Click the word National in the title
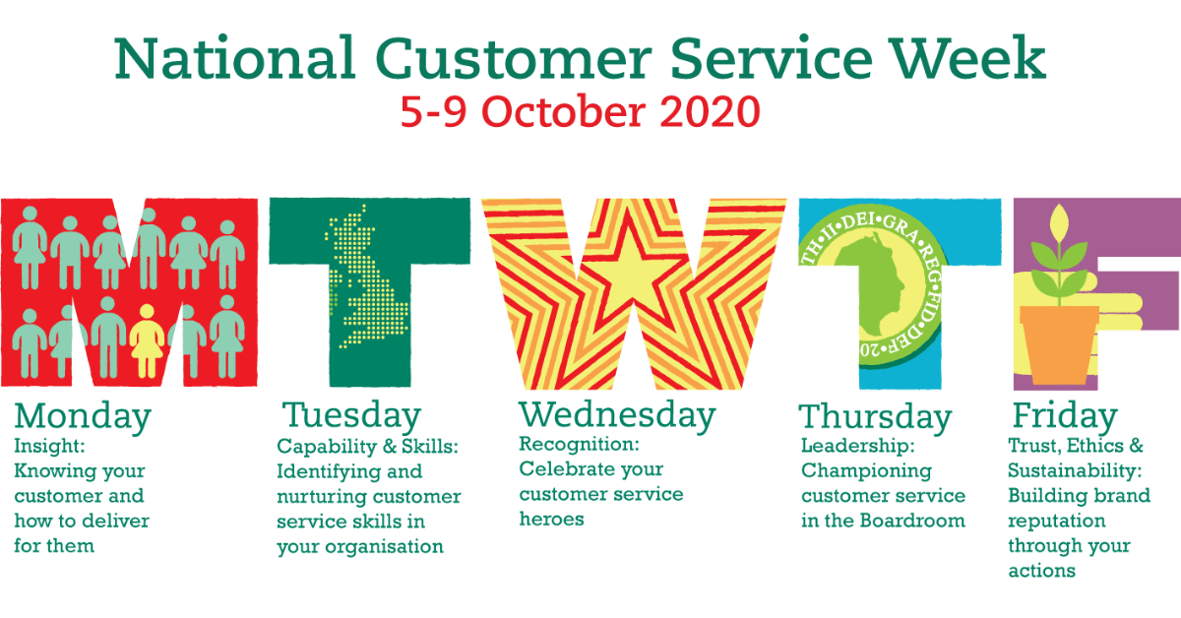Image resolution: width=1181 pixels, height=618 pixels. pyautogui.click(x=234, y=58)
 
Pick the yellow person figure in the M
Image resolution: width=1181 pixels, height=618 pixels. pyautogui.click(x=147, y=341)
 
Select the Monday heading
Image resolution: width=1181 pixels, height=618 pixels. pyautogui.click(x=83, y=417)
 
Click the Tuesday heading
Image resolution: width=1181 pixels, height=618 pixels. pyautogui.click(x=351, y=416)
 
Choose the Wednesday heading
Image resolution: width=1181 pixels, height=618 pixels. pyautogui.click(x=617, y=415)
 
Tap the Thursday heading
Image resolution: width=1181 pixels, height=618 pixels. pyautogui.click(x=875, y=417)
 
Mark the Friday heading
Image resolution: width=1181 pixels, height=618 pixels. pyautogui.click(x=1065, y=416)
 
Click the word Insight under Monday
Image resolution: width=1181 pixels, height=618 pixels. pyautogui.click(x=49, y=446)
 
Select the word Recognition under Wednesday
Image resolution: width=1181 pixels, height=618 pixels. pyautogui.click(x=579, y=444)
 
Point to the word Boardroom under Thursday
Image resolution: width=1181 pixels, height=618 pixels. pyautogui.click(x=912, y=521)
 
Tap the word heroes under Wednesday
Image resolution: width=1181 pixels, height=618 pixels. pyautogui.click(x=551, y=519)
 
